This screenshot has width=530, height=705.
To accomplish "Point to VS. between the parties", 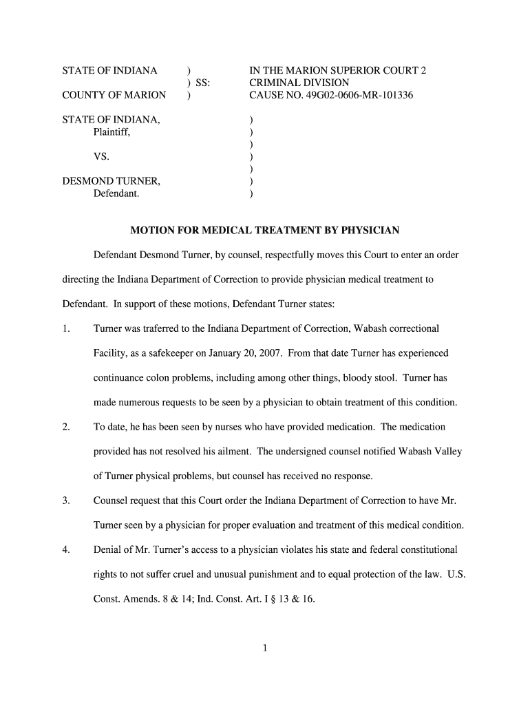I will click(x=101, y=157).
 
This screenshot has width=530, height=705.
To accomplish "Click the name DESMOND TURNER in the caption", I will click(x=112, y=182).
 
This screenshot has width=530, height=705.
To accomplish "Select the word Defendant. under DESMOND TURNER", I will click(x=116, y=194).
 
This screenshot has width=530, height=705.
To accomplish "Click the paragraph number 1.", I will click(x=66, y=328).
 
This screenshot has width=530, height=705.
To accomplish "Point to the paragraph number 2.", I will click(x=66, y=427).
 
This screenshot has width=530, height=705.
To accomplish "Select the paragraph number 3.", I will click(x=66, y=501).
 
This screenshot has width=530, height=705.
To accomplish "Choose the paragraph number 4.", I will click(x=66, y=549).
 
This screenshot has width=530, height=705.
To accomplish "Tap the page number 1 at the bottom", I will click(x=265, y=648).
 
